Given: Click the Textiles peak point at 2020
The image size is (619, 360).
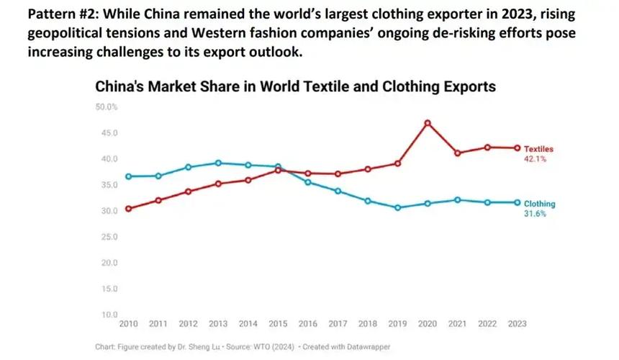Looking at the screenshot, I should [428, 123].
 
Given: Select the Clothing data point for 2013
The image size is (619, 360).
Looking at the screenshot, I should [218, 163].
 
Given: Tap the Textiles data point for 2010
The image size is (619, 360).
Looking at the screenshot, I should [128, 209].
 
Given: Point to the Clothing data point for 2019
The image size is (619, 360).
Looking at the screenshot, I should [397, 207].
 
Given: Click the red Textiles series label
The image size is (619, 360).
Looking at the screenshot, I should [538, 149].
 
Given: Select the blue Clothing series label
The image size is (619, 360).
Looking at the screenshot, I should [539, 204].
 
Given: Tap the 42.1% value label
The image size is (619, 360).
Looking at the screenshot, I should [535, 158].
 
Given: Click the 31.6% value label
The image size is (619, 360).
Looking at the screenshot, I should [536, 214].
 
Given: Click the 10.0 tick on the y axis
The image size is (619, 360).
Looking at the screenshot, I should [109, 315].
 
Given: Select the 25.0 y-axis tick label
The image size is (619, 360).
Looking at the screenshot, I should [109, 237].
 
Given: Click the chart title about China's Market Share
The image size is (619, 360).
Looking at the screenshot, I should [296, 87].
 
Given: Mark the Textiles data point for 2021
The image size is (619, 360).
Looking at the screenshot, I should [457, 153].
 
